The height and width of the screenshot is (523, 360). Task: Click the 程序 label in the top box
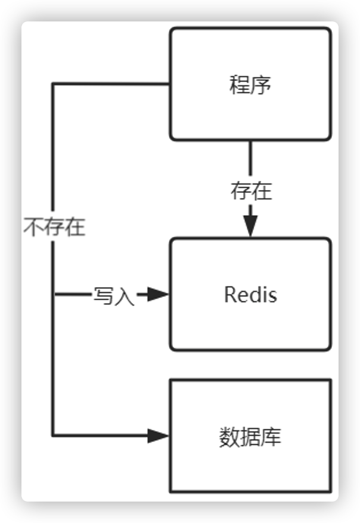pos(250,85)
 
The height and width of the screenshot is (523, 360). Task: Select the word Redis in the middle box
pos(250,295)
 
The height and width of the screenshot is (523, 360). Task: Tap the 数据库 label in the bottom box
pos(250,437)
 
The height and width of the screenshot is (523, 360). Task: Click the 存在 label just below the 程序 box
pos(251,191)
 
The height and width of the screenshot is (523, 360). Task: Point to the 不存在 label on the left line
pos(54,228)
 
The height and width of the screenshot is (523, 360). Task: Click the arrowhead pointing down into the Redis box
pos(250,225)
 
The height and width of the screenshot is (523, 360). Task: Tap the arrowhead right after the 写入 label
pos(158,294)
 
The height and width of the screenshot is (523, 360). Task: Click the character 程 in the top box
pos(240,85)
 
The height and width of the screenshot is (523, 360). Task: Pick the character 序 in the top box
pos(261,85)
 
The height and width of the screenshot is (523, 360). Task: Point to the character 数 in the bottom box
pos(229,437)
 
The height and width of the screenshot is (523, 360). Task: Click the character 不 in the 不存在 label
pos(33,228)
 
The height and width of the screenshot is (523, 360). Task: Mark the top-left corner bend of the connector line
pos(54,84)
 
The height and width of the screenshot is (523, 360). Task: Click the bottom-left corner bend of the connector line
pos(54,435)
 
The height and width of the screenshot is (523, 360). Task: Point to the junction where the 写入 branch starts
pos(54,294)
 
